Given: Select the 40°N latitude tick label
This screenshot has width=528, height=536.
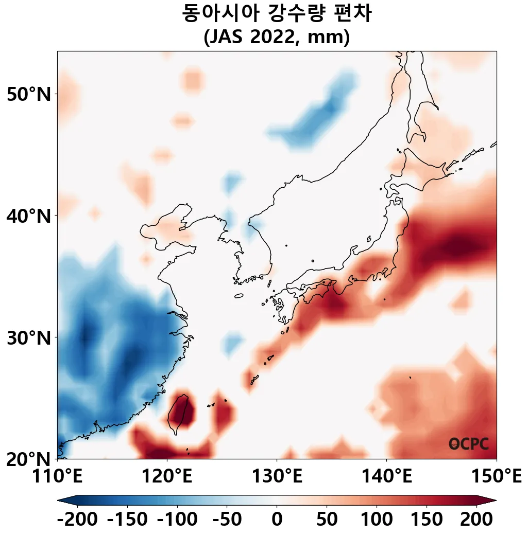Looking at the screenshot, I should pyautogui.click(x=29, y=216).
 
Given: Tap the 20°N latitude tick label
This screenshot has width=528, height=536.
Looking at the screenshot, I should pyautogui.click(x=29, y=459).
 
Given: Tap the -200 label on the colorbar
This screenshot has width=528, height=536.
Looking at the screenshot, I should pyautogui.click(x=77, y=519).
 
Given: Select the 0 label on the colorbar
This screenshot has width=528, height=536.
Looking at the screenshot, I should pyautogui.click(x=277, y=519).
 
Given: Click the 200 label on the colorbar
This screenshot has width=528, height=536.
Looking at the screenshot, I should pyautogui.click(x=476, y=519).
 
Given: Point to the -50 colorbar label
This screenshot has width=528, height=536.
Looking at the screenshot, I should pyautogui.click(x=227, y=519).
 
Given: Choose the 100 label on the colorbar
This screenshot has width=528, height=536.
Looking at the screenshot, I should pyautogui.click(x=377, y=519).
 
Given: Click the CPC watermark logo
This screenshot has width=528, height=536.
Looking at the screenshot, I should pyautogui.click(x=469, y=444).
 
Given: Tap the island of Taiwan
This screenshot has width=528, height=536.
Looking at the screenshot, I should pyautogui.click(x=179, y=414).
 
